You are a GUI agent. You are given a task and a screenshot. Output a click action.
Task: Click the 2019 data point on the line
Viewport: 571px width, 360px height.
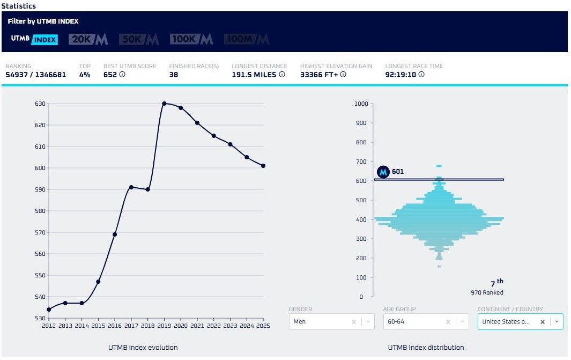(164, 104)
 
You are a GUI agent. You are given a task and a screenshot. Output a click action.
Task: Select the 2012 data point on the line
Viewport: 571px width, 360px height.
(49, 310)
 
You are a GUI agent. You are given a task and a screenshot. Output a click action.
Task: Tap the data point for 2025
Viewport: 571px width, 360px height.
(263, 166)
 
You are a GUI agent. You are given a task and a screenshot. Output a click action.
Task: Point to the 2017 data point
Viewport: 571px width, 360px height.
(131, 187)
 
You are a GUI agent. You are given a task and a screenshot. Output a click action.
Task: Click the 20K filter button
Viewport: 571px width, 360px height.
(89, 39)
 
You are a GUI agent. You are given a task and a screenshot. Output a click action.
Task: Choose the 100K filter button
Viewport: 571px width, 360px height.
(191, 39)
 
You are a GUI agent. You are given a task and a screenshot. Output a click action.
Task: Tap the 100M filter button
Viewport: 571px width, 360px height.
(247, 39)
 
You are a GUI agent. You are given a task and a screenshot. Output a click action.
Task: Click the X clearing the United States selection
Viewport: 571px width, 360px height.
(542, 322)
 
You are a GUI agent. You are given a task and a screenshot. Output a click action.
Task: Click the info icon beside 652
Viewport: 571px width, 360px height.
(122, 75)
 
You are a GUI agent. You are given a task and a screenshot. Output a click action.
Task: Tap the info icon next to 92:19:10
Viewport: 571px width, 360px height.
(421, 75)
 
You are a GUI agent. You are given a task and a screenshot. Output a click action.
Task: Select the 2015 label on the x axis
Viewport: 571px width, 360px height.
(98, 326)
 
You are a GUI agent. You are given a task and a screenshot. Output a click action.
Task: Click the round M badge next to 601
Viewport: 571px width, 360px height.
(383, 172)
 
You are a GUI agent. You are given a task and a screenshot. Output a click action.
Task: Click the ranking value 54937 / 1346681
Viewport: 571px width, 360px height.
(36, 75)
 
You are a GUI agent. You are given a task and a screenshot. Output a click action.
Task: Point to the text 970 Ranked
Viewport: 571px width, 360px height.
(487, 292)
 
